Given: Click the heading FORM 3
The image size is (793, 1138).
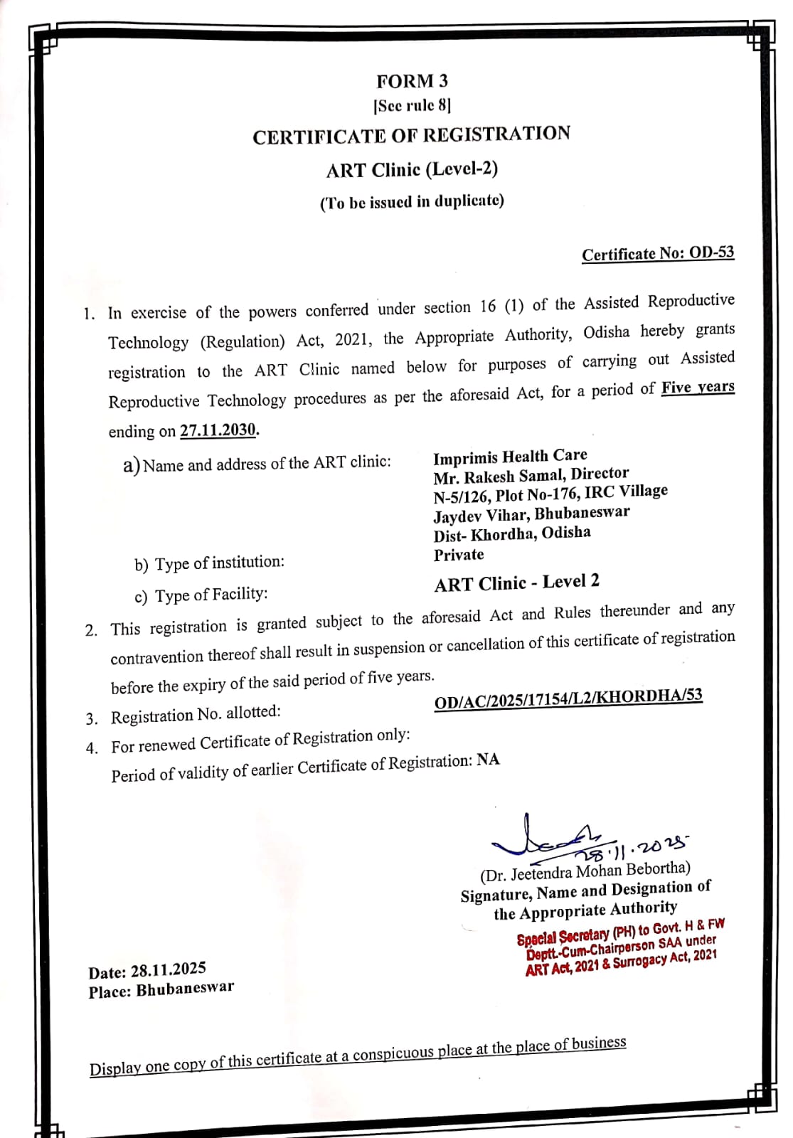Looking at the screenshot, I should (413, 81).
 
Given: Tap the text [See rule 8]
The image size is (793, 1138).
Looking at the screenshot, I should (413, 106).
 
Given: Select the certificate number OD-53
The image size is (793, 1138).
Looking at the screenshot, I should (711, 252).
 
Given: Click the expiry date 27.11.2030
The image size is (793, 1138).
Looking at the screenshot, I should (218, 430).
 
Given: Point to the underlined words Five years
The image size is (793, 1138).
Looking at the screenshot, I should (698, 388).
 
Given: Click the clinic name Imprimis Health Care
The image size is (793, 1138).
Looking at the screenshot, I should (510, 457).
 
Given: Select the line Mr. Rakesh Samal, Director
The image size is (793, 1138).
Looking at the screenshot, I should (531, 474).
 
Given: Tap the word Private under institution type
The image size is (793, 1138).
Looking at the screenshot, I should (459, 555).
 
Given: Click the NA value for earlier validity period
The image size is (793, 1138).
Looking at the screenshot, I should (488, 760).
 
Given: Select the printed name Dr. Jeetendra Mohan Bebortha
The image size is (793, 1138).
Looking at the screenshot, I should (585, 871).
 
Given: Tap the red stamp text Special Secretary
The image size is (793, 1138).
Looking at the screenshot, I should (563, 937).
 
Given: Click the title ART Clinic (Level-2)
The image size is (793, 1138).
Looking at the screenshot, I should (412, 170).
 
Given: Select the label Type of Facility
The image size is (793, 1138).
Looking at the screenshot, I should (201, 595).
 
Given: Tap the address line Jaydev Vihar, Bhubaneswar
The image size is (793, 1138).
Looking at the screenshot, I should (531, 514).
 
